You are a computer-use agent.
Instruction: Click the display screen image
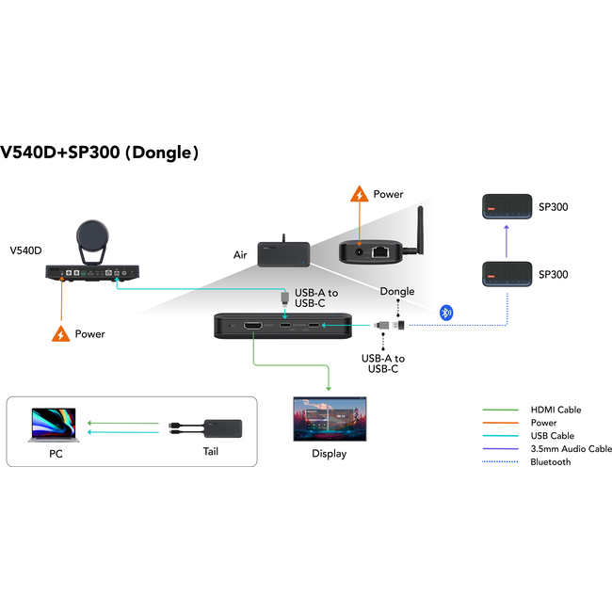click(330, 419)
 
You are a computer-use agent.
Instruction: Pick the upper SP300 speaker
click(507, 206)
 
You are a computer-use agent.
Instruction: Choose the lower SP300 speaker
click(507, 274)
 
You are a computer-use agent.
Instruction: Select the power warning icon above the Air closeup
click(359, 195)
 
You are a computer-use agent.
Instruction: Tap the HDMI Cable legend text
click(556, 410)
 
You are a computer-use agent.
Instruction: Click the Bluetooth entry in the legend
click(550, 462)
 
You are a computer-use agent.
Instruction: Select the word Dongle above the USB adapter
click(397, 292)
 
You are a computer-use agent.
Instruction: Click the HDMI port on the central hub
click(253, 326)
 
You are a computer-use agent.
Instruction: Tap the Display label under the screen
click(330, 454)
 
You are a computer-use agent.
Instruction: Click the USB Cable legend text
click(552, 436)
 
